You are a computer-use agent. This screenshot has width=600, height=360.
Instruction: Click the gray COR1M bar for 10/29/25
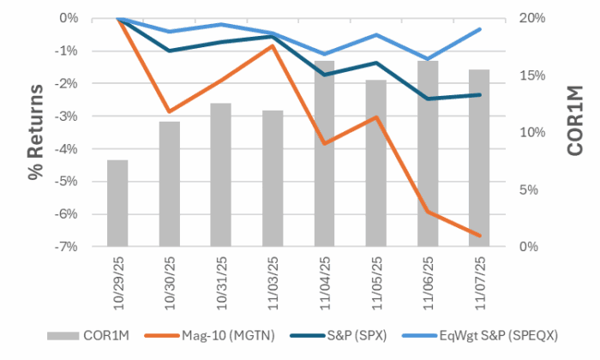pos(117,203)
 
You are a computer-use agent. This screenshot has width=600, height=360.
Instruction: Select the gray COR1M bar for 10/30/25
pos(169,184)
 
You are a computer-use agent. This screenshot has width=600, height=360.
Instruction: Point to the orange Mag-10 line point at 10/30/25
pos(169,111)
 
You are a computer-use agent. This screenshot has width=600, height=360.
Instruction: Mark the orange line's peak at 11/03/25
pos(273,46)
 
